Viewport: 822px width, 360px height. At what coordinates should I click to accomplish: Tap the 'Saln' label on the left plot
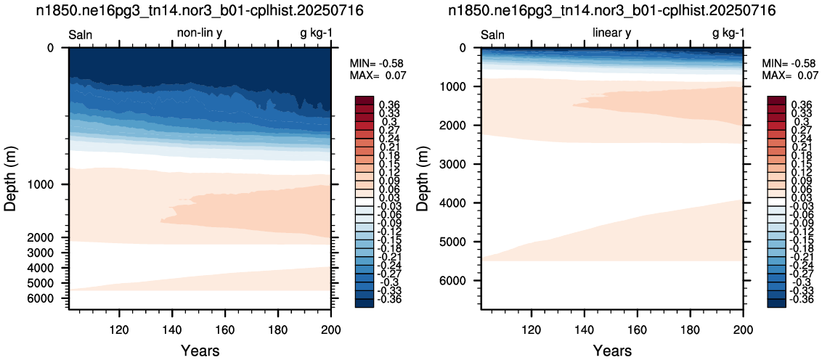[81, 36]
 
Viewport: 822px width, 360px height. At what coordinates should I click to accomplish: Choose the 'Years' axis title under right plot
[612, 350]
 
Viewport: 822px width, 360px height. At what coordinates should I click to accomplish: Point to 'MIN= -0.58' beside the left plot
[378, 64]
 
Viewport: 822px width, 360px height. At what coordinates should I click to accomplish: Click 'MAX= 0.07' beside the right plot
[790, 75]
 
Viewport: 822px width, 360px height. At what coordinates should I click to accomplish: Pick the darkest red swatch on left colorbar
[364, 100]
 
